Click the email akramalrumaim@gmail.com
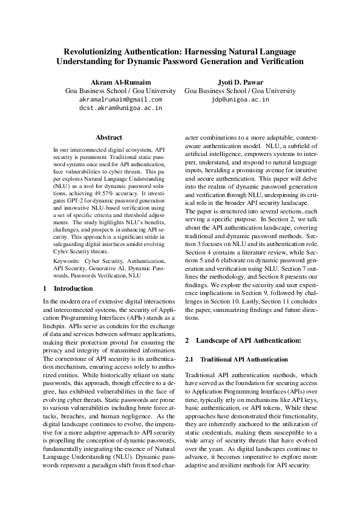click(121, 99)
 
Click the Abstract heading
click(109, 138)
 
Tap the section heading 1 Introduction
click(68, 288)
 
